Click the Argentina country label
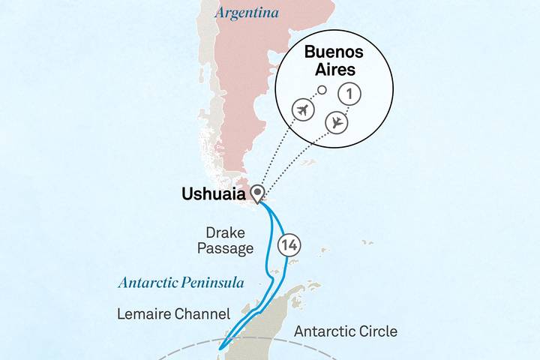[x=247, y=13]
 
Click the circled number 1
[x=349, y=94]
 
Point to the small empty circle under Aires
[x=322, y=91]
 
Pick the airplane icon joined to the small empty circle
[x=302, y=110]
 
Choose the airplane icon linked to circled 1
[x=337, y=122]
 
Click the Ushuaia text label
[x=213, y=194]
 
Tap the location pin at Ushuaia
[x=258, y=194]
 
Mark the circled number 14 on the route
[x=289, y=244]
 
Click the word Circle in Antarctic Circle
[x=379, y=331]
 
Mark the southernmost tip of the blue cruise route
[x=218, y=347]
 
